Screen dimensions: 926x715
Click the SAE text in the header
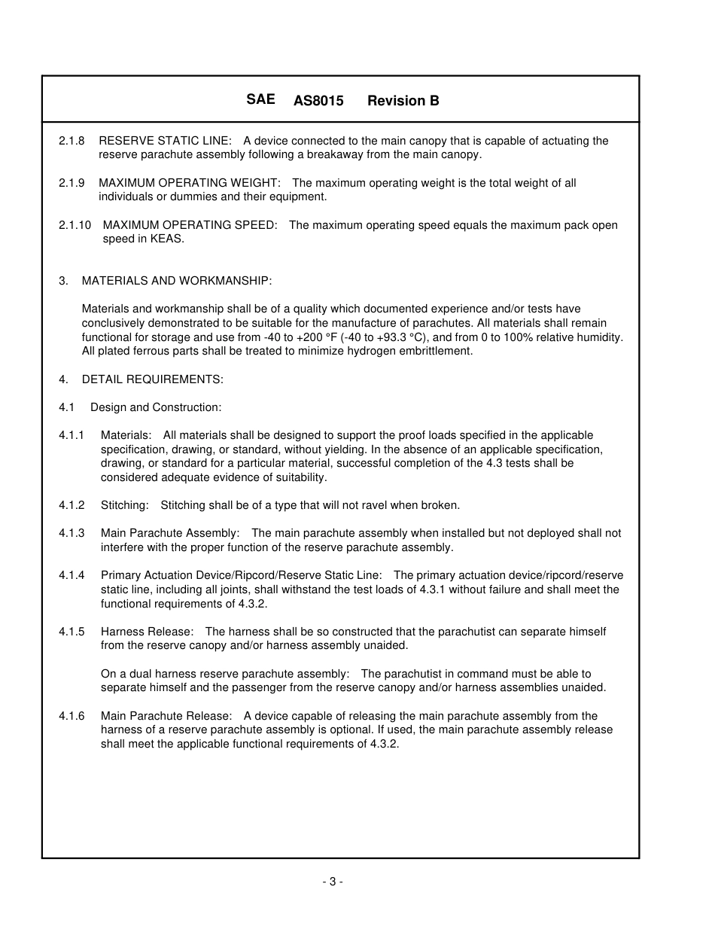(260, 99)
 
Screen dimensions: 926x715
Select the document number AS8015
(318, 101)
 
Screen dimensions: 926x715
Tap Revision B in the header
(403, 101)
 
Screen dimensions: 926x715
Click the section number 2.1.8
(71, 141)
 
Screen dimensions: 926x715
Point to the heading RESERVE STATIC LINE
(165, 141)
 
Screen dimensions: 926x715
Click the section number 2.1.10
(75, 225)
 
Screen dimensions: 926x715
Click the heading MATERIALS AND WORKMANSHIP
(176, 281)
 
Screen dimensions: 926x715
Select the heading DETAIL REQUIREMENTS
(152, 379)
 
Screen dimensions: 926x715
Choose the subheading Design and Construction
(156, 407)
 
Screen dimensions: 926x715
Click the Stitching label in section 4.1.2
(124, 505)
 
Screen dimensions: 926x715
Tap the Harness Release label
(147, 632)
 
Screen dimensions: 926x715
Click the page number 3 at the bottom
(333, 882)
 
